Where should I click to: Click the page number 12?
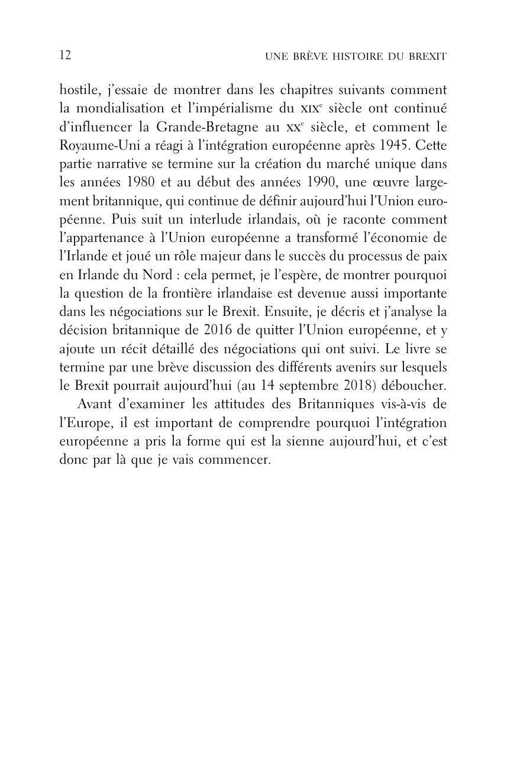coord(65,56)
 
